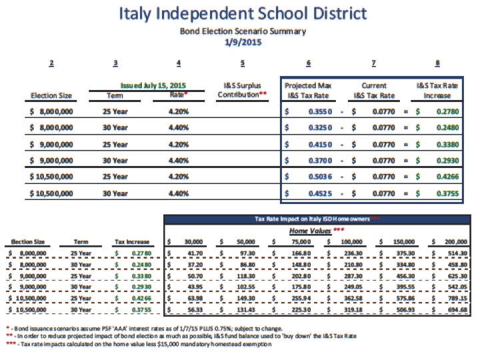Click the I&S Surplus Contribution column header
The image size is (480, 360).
pyautogui.click(x=242, y=91)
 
